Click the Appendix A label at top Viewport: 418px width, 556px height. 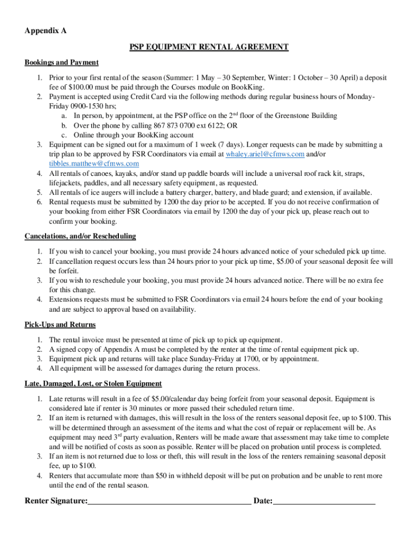(46, 31)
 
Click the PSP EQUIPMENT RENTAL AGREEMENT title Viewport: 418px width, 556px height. (208, 47)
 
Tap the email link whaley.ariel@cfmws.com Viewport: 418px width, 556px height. (265, 154)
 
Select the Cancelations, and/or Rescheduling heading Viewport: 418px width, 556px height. (80, 236)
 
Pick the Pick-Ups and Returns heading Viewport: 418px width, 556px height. (60, 325)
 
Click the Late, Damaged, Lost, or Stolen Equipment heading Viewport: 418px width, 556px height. (93, 384)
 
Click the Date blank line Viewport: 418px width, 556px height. (324, 501)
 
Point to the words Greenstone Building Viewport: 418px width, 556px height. (303, 116)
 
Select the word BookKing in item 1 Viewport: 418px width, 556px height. (248, 87)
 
